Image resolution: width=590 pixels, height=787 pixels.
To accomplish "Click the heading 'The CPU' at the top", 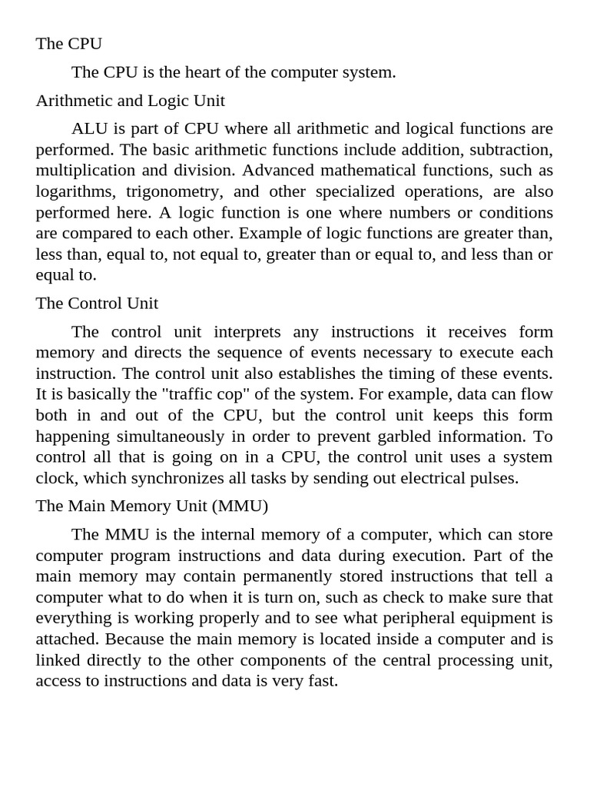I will point(68,44).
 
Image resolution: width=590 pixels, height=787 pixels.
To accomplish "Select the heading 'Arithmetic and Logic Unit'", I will point(130,101).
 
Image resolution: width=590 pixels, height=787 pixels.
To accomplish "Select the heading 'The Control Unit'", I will point(97,304).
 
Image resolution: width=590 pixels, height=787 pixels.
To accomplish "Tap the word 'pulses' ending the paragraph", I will point(495,478).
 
